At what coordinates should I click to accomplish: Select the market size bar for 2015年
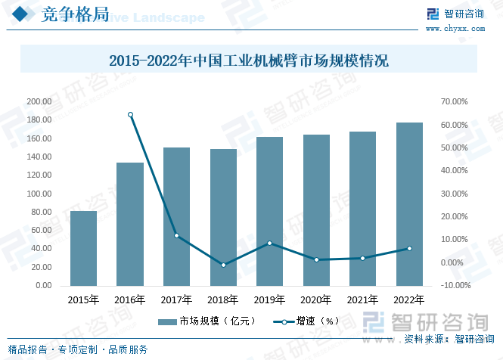coord(83,248)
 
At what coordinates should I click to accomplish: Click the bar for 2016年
coord(130,224)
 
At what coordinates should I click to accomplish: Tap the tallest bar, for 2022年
coord(409,204)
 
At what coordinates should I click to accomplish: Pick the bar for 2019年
coord(269,211)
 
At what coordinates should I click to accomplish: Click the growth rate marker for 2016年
coord(130,115)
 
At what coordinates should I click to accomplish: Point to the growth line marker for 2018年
coord(223,265)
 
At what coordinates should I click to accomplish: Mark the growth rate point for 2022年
coord(409,248)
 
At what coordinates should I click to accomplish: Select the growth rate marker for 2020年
coord(316,259)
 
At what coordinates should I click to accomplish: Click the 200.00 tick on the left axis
coord(39,101)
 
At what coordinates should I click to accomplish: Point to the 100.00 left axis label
coord(39,194)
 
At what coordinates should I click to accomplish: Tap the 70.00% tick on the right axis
coord(455,101)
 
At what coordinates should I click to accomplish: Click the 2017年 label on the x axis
coord(176,299)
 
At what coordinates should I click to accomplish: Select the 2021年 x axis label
coord(362,299)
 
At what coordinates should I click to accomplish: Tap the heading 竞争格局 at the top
coord(65,16)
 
